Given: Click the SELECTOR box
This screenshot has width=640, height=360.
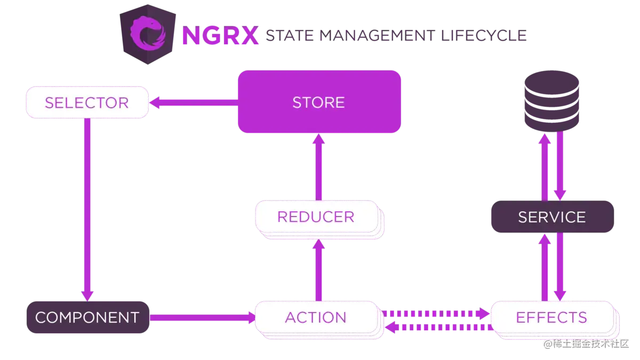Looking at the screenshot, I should [x=87, y=102].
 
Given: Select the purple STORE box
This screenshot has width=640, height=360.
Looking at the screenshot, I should [x=318, y=102].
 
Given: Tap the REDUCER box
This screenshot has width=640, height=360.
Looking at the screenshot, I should [x=316, y=217].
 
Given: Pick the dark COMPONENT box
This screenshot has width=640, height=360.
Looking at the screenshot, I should [x=87, y=318].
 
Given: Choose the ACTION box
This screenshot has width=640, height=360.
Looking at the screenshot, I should [x=316, y=318].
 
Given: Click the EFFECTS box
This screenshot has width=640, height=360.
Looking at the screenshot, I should [x=551, y=318].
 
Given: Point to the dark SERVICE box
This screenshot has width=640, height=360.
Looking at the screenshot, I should [x=551, y=217].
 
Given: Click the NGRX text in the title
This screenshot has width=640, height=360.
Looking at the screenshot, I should [x=219, y=35].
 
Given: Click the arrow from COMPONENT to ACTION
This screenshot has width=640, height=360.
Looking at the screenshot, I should [x=203, y=318].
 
